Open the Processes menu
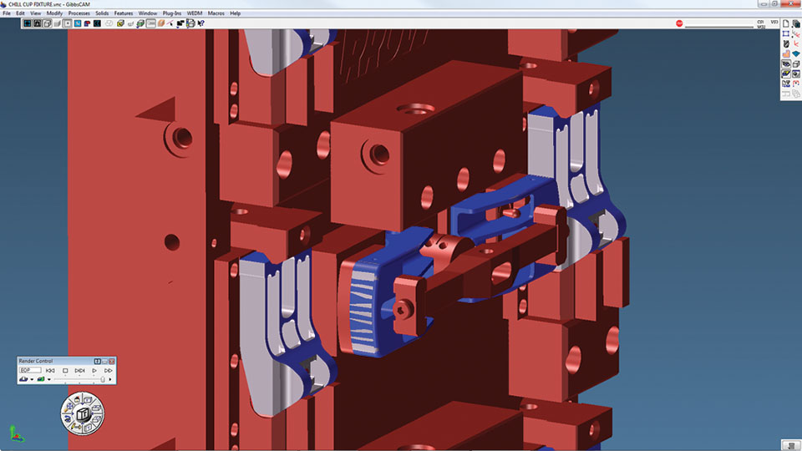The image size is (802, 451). click(x=79, y=13)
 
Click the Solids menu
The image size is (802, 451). click(x=102, y=13)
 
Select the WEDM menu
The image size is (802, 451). click(x=195, y=13)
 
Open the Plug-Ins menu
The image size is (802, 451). click(x=172, y=13)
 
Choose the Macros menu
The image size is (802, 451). click(x=216, y=13)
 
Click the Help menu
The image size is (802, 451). click(x=236, y=13)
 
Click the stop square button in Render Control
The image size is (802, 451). click(x=65, y=370)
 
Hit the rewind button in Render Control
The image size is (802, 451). click(x=50, y=370)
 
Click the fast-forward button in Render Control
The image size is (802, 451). click(x=109, y=370)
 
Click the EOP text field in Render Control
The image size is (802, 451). click(x=28, y=370)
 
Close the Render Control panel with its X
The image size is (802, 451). click(x=111, y=361)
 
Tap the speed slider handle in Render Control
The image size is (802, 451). click(x=103, y=379)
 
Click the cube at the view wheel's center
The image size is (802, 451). click(x=82, y=414)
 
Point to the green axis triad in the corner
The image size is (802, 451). click(x=14, y=433)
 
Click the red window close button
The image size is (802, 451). click(x=790, y=3)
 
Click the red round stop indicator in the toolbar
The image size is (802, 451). click(x=679, y=23)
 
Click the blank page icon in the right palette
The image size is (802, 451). click(x=785, y=23)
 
